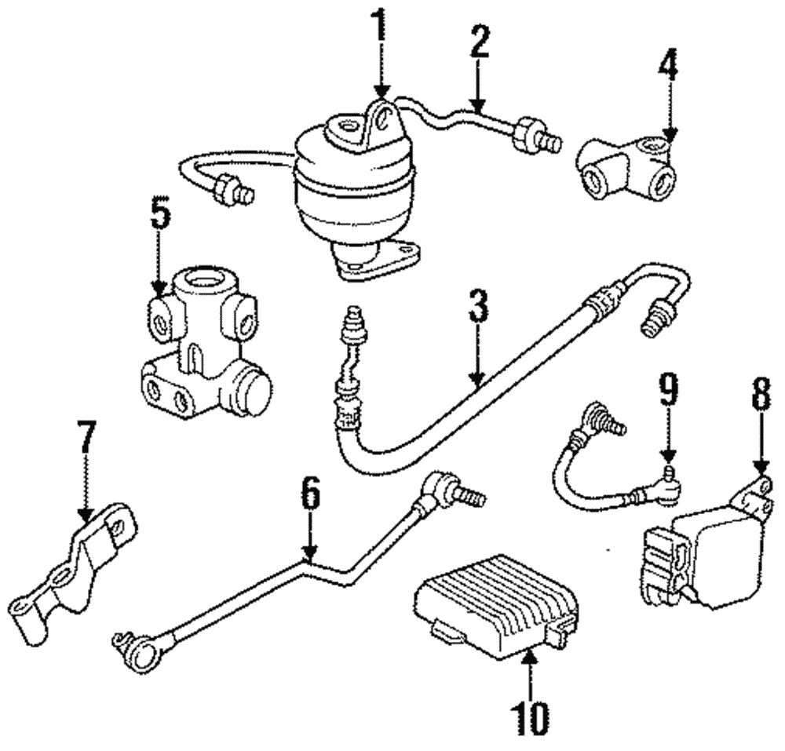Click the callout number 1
[x=381, y=27]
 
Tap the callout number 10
[x=531, y=714]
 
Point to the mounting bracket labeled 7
[x=75, y=573]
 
